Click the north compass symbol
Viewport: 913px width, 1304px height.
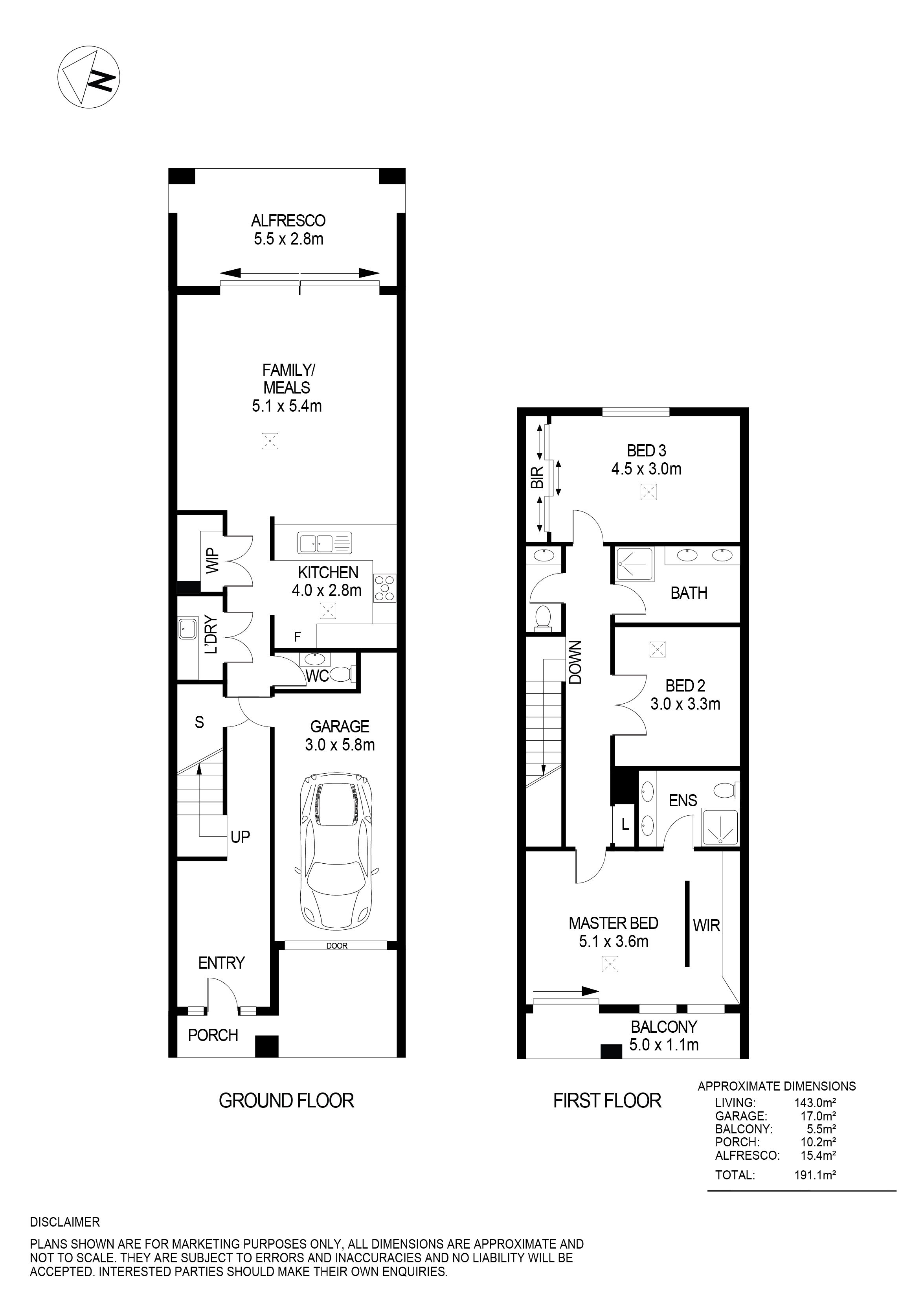[x=88, y=77]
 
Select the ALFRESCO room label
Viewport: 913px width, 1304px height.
[x=288, y=221]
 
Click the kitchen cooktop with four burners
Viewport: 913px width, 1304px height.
[x=384, y=589]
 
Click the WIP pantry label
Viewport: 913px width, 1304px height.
[x=212, y=561]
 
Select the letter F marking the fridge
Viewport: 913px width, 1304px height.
[x=297, y=637]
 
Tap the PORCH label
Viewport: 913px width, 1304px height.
[x=213, y=1035]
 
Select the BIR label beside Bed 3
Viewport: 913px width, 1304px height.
[x=537, y=477]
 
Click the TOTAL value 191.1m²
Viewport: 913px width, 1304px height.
[x=815, y=1175]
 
